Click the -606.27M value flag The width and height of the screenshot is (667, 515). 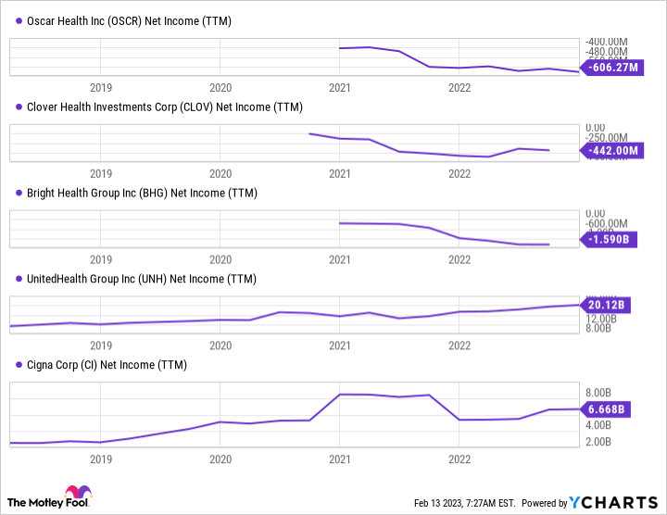point(612,67)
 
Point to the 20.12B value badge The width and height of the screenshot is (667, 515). point(608,304)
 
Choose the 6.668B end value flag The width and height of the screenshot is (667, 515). point(608,408)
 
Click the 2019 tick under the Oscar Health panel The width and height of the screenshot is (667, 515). point(101,87)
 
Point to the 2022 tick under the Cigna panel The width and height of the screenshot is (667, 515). point(459,458)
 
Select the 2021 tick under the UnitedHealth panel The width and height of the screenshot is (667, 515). point(340,345)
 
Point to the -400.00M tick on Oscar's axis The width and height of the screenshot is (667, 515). point(608,41)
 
